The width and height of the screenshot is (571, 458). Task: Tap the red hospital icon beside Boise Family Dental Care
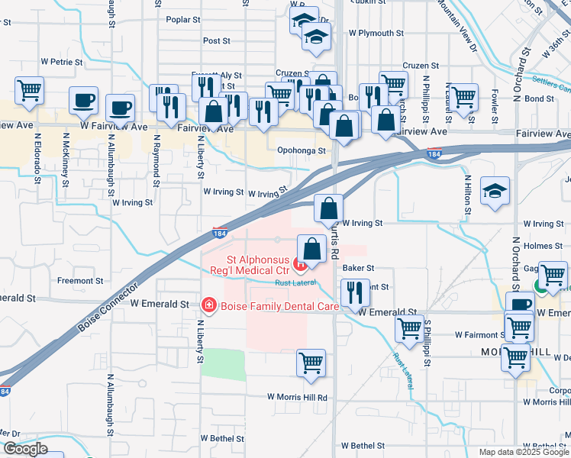tap(207, 305)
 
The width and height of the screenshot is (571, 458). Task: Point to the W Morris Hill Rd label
tap(297, 398)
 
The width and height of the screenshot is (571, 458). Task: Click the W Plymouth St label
tap(376, 34)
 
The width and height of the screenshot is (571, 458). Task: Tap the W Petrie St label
tap(62, 60)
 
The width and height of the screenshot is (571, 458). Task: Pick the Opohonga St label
tap(302, 150)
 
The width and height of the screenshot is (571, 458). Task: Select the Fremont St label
tap(75, 281)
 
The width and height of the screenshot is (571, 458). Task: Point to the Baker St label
tap(359, 268)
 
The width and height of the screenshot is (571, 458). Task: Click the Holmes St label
tap(544, 246)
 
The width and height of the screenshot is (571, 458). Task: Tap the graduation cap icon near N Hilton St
tap(495, 192)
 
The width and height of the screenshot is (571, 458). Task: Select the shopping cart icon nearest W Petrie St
tap(29, 90)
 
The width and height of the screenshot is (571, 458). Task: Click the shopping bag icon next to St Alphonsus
tap(311, 249)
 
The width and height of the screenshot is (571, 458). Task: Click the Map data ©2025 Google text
tap(522, 452)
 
